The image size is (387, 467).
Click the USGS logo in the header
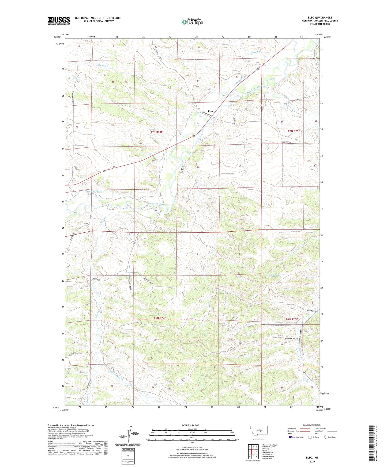click(59, 21)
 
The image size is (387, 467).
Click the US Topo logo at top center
click(192, 22)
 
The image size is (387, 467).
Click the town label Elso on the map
click(210, 111)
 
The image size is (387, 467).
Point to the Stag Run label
click(182, 168)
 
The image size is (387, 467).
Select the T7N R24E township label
click(156, 132)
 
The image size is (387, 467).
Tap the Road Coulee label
click(313, 311)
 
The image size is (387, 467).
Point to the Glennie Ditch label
click(94, 191)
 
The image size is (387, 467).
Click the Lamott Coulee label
click(274, 275)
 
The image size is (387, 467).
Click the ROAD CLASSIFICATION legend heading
click(312, 425)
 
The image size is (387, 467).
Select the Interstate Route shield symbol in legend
click(291, 437)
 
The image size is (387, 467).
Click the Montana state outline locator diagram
click(258, 431)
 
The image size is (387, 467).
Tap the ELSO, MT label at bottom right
click(312, 458)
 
